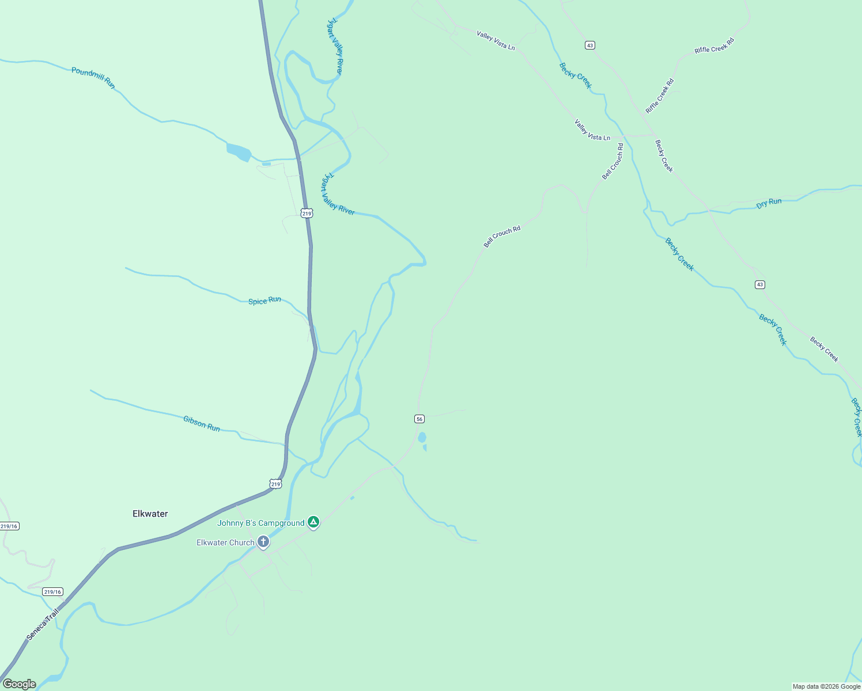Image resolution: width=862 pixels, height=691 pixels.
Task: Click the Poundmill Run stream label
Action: point(93,78)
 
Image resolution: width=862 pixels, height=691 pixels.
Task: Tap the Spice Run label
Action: point(264,301)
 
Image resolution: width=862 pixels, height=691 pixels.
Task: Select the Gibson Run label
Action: point(202,424)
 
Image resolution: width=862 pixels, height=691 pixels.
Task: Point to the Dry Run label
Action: point(769,203)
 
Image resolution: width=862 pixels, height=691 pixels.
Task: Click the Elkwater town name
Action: point(150,514)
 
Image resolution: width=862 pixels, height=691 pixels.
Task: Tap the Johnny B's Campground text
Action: point(260,523)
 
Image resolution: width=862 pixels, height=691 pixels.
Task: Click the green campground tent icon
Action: point(313,522)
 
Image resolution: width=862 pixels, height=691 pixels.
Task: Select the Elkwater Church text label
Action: point(225,542)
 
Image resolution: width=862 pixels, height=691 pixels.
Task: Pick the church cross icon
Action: point(263,541)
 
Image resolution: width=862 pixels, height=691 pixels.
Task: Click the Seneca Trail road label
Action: point(43,625)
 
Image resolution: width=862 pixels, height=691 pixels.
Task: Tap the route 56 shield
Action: point(419,419)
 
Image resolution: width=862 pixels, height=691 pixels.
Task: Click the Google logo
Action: point(20,684)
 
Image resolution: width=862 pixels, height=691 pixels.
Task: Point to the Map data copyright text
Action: point(826,686)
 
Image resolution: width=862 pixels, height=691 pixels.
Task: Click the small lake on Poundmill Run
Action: point(239,151)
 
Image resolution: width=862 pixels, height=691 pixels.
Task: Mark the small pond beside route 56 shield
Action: point(422,438)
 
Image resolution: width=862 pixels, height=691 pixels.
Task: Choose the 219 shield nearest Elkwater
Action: point(276,484)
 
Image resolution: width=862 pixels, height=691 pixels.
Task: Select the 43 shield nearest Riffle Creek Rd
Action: point(589,45)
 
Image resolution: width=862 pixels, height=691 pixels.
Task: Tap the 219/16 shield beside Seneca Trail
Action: point(52,592)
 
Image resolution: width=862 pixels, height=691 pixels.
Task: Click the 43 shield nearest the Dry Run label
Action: point(760,284)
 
